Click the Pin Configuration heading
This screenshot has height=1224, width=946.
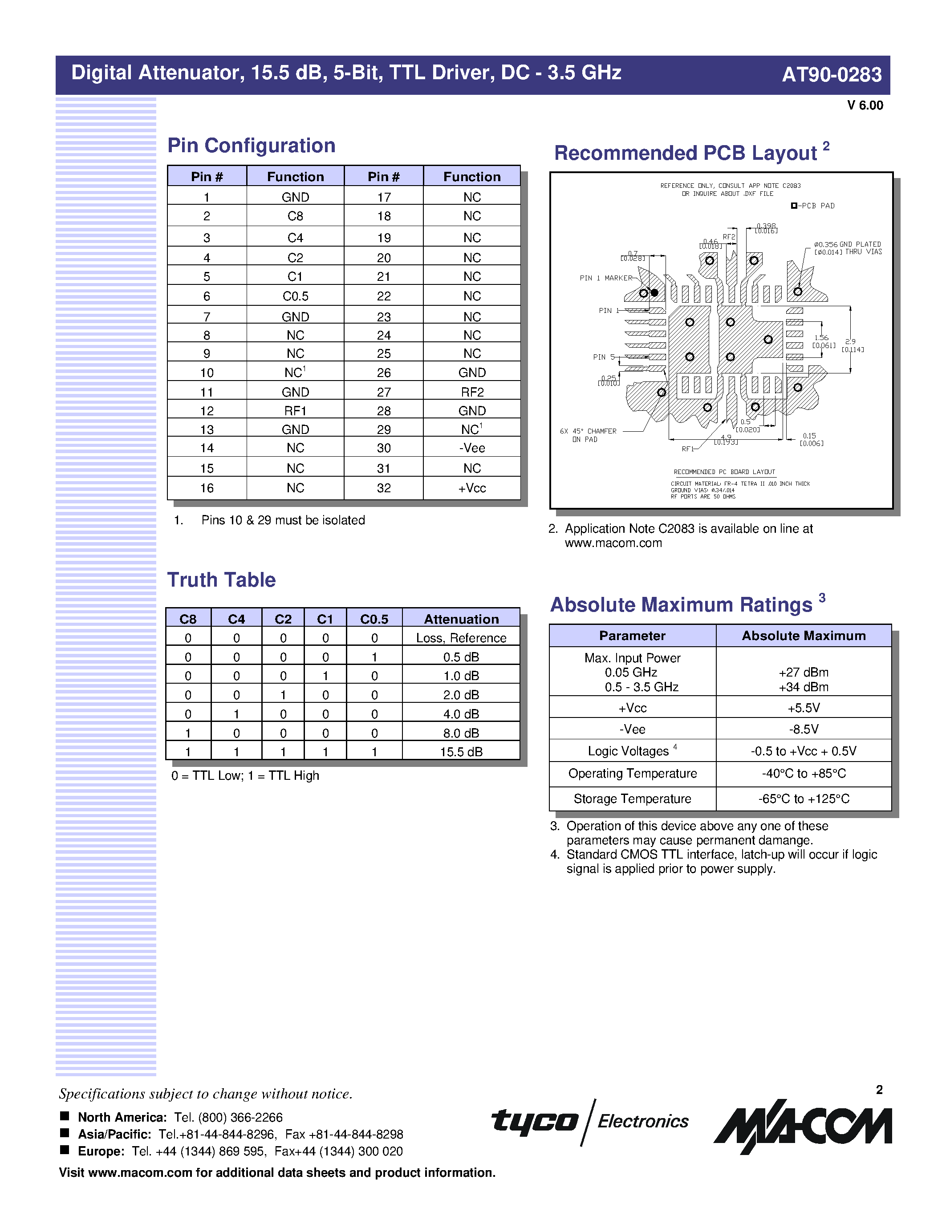tap(251, 146)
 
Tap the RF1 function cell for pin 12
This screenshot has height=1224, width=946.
tap(295, 411)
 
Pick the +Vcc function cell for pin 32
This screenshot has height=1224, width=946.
tap(472, 488)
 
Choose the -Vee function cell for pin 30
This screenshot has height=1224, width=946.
tap(472, 448)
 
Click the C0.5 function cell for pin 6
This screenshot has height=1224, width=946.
tap(295, 296)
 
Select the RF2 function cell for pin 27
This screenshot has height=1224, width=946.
tap(472, 392)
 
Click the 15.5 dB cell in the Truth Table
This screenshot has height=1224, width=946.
tap(461, 752)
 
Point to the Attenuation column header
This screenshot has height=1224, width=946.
tap(461, 619)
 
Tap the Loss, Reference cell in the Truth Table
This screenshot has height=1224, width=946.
tap(461, 638)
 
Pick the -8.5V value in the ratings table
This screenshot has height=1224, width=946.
tap(803, 730)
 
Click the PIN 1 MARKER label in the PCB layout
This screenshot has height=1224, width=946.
tap(605, 278)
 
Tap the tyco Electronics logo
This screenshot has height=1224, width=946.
tap(589, 1121)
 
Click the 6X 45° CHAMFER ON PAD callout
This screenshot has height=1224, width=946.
tap(588, 435)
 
